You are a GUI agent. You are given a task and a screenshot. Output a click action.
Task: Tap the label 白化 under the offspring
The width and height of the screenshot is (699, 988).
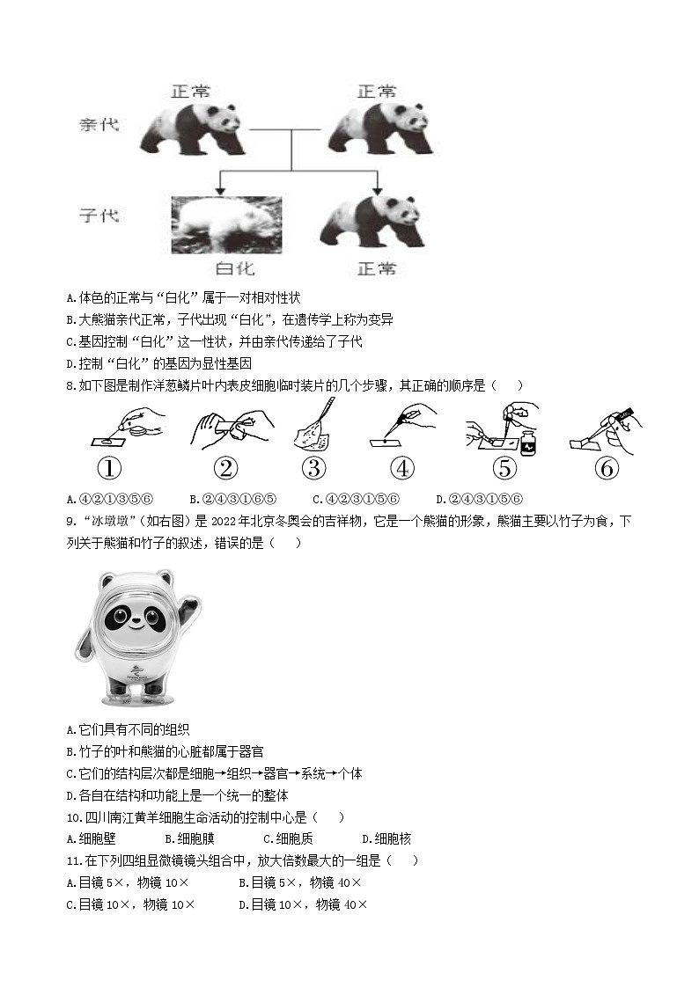click(235, 267)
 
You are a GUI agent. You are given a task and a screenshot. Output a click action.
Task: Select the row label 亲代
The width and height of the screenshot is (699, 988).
click(99, 125)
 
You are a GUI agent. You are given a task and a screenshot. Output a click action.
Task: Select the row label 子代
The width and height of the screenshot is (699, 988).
click(99, 215)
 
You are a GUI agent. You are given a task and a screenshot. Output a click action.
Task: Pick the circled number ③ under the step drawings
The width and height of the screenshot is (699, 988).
click(313, 468)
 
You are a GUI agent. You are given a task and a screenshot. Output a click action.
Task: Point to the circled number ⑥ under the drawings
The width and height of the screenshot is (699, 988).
click(607, 468)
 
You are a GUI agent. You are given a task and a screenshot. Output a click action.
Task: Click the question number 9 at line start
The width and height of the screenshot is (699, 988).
click(71, 521)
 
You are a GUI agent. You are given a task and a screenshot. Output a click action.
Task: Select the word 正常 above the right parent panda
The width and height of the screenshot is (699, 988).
click(377, 91)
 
